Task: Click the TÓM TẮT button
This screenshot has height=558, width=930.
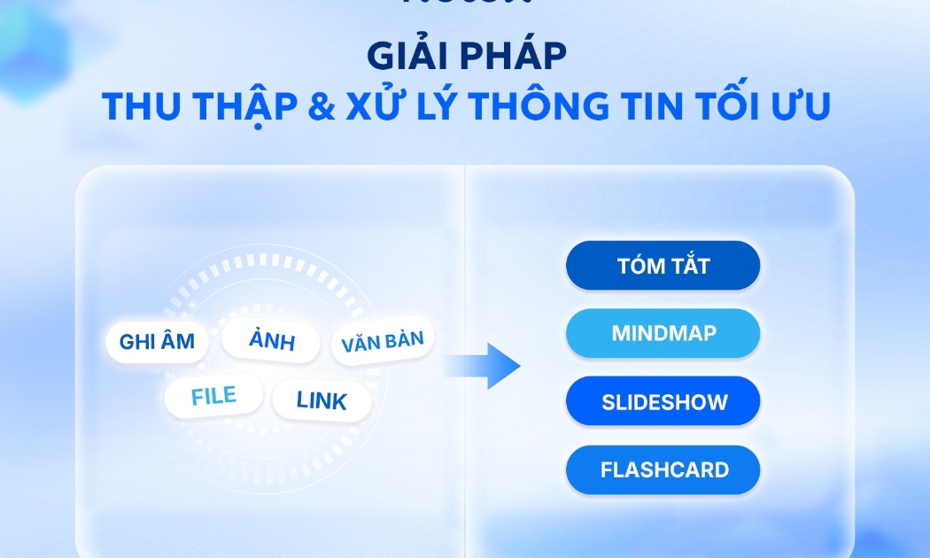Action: pyautogui.click(x=663, y=266)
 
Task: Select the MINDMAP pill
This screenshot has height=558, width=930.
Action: pyautogui.click(x=663, y=334)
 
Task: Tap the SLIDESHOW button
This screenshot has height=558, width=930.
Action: pyautogui.click(x=663, y=401)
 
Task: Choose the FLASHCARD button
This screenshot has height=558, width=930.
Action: pyautogui.click(x=663, y=469)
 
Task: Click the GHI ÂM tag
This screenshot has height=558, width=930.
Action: pyautogui.click(x=157, y=341)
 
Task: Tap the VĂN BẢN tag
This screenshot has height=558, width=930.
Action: pyautogui.click(x=382, y=341)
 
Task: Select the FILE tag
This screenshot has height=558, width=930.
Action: pyautogui.click(x=213, y=396)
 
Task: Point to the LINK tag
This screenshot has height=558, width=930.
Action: pyautogui.click(x=322, y=400)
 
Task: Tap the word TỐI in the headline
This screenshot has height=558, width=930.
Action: pyautogui.click(x=733, y=107)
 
